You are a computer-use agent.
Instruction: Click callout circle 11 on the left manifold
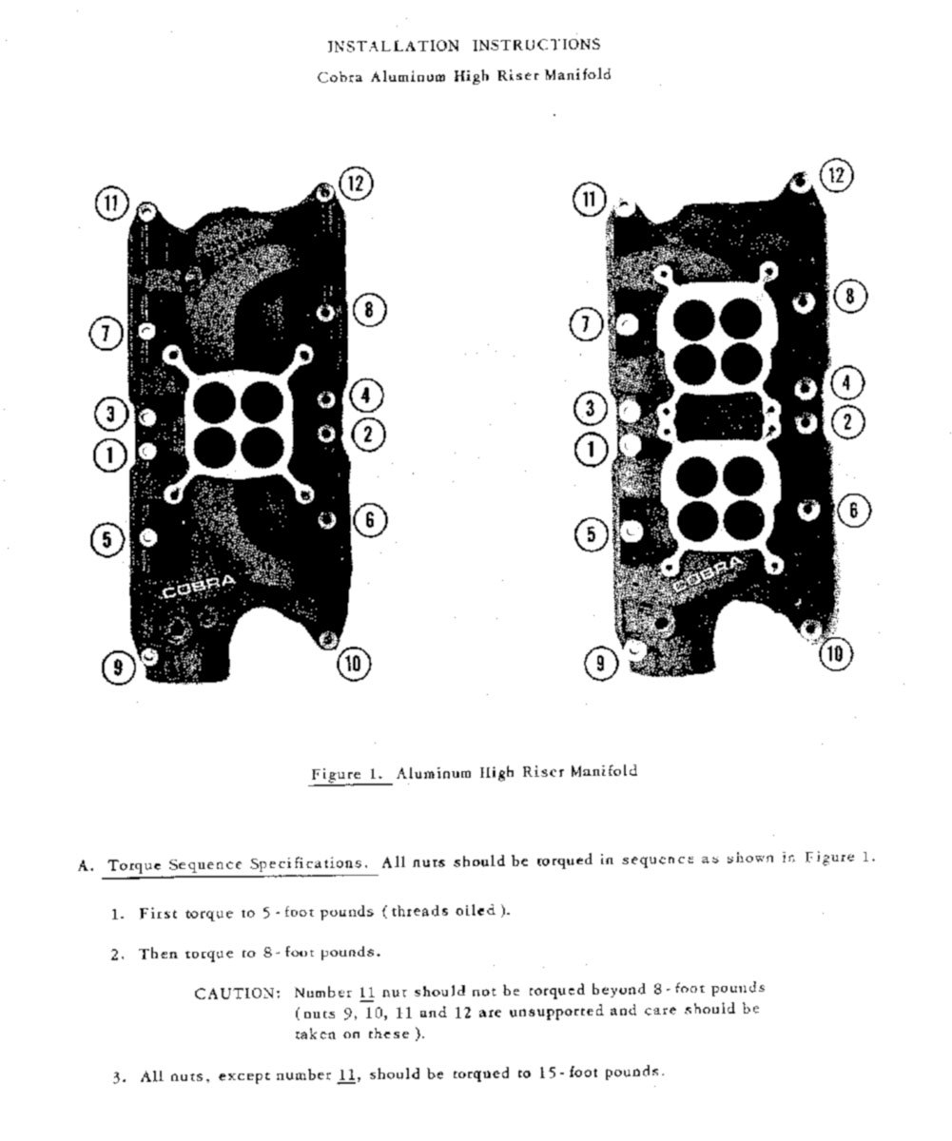pyautogui.click(x=112, y=203)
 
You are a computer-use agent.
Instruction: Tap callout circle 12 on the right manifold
pyautogui.click(x=836, y=176)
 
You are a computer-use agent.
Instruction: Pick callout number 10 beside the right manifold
pyautogui.click(x=836, y=653)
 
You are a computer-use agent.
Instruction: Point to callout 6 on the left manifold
pyautogui.click(x=370, y=519)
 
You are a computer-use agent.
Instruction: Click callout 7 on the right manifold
pyautogui.click(x=587, y=325)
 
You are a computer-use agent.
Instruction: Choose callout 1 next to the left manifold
pyautogui.click(x=109, y=455)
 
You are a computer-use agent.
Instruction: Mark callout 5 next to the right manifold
pyautogui.click(x=592, y=534)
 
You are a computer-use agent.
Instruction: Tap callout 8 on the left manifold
pyautogui.click(x=369, y=309)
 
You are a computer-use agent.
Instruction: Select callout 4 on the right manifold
pyautogui.click(x=846, y=383)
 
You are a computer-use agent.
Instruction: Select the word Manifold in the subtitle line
pyautogui.click(x=577, y=76)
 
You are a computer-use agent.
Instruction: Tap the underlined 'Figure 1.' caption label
pyautogui.click(x=349, y=774)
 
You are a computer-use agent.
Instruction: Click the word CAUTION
pyautogui.click(x=237, y=994)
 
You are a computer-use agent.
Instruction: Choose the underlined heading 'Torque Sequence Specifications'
pyautogui.click(x=237, y=865)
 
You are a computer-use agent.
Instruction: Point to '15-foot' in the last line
pyautogui.click(x=569, y=1073)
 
